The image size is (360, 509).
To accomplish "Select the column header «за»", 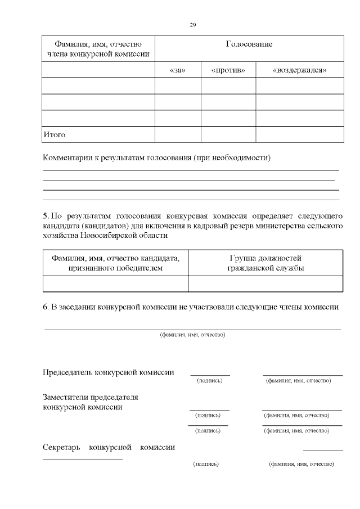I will tap(177, 70).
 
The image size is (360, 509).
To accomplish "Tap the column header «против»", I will tap(228, 70).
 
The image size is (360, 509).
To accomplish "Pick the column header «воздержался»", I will tap(299, 70).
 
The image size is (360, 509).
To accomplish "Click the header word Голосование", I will tap(249, 44).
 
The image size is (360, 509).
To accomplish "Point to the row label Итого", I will tap(55, 135).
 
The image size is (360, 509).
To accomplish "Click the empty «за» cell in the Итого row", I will tap(177, 135).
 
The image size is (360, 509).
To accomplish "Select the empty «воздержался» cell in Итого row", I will tap(299, 135).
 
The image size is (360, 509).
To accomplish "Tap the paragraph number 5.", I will tap(46, 216).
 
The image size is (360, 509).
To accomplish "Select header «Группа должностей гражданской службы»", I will tap(265, 263).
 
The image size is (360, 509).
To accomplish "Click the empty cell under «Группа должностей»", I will tap(265, 284).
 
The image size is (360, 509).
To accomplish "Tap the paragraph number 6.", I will tap(46, 307).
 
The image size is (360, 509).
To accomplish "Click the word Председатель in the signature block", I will tap(68, 372).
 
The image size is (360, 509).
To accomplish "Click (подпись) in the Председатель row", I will tap(209, 381).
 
